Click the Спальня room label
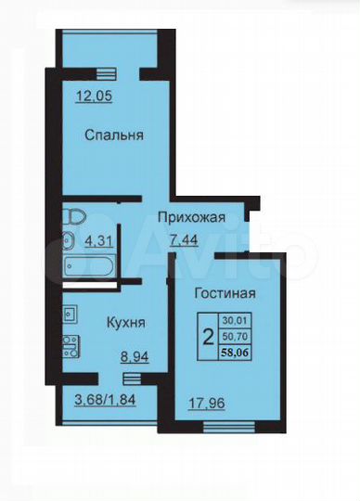point(113,135)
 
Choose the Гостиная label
point(225,294)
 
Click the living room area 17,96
point(194,403)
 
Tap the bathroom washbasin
point(70,240)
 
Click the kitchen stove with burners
point(70,346)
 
